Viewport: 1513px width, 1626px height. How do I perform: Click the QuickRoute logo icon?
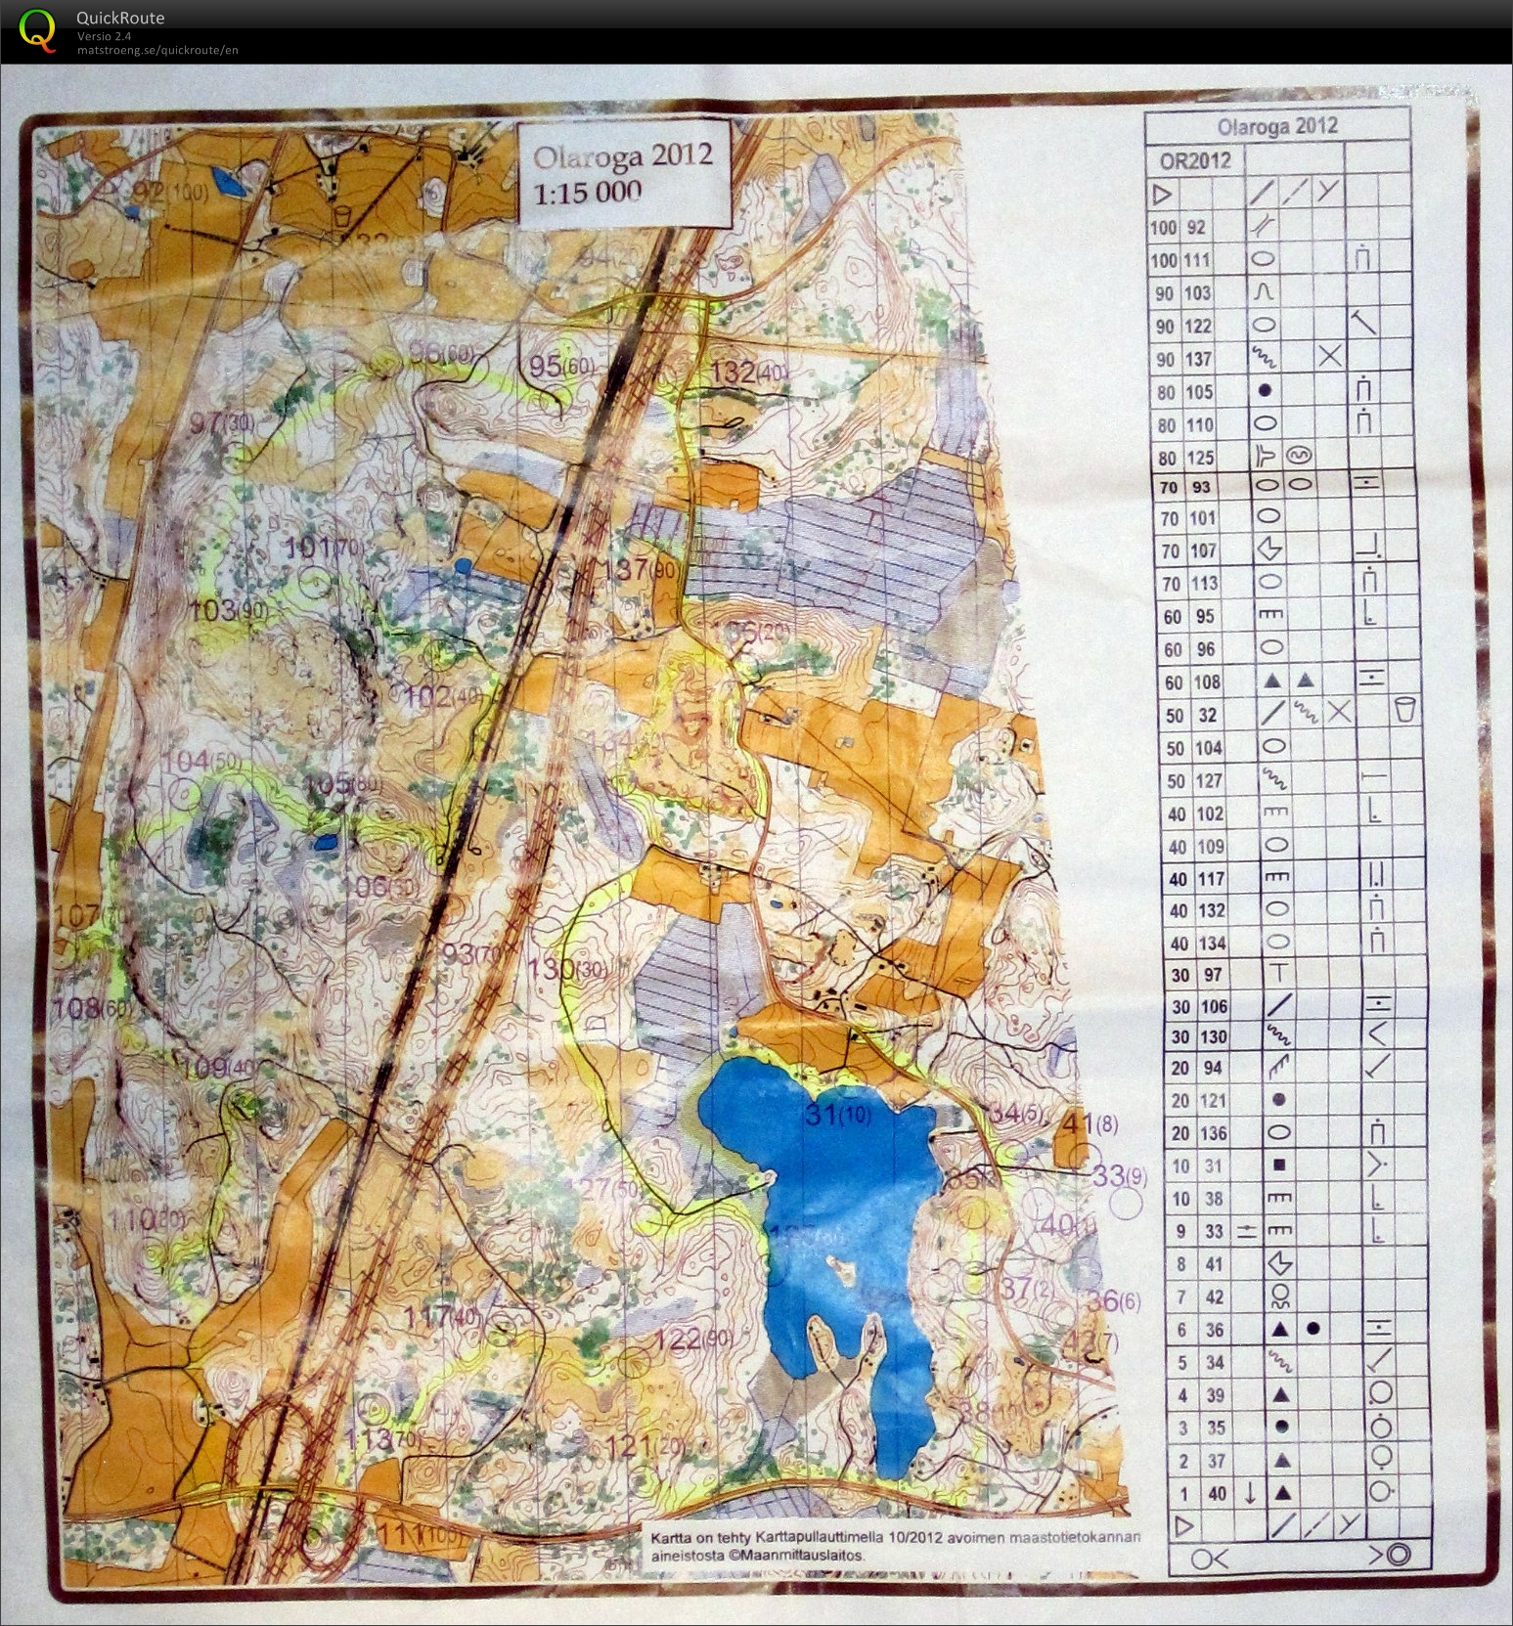click(x=37, y=29)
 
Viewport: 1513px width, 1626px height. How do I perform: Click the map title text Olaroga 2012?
click(x=622, y=156)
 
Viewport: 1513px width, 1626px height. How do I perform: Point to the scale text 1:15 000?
click(x=588, y=192)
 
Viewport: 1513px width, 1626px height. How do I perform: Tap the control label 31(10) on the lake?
click(x=837, y=1114)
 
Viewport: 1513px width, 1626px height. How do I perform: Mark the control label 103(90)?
click(x=228, y=611)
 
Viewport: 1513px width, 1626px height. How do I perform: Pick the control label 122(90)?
click(x=693, y=1339)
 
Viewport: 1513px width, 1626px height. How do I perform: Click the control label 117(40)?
click(x=444, y=1316)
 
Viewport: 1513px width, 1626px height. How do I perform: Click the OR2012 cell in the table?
click(x=1194, y=161)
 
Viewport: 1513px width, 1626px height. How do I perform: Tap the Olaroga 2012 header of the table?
click(x=1276, y=126)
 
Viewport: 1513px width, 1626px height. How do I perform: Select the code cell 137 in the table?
click(x=1197, y=359)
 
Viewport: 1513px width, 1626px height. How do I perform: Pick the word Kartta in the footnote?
click(x=672, y=1538)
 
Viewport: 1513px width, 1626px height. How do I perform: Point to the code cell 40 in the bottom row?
click(x=1216, y=1493)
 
